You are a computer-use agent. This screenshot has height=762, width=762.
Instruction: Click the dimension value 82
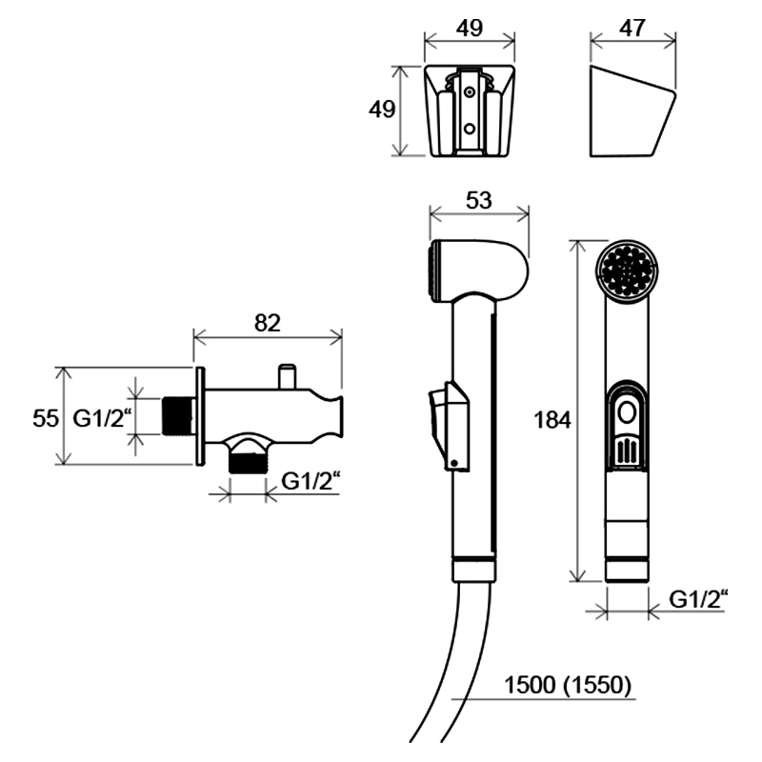point(268,323)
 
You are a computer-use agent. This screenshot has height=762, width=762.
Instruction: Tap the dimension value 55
point(46,418)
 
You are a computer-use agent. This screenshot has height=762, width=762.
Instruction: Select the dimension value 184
point(552,420)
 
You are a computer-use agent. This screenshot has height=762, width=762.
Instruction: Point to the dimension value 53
point(479,200)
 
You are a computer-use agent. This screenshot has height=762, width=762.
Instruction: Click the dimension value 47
point(632,29)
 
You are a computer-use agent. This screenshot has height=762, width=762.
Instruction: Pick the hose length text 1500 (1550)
point(568,685)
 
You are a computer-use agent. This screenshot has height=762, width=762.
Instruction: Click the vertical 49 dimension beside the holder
point(382,110)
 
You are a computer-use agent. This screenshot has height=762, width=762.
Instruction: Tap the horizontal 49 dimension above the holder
point(470,29)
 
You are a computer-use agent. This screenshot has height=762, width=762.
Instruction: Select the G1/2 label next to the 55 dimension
point(102,418)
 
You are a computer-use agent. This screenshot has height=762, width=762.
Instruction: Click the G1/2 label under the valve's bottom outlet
point(311,482)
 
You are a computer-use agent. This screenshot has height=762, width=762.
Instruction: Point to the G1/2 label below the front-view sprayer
point(698,599)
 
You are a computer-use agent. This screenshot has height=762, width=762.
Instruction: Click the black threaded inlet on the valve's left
point(177,416)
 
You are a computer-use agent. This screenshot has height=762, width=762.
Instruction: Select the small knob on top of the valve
point(287,376)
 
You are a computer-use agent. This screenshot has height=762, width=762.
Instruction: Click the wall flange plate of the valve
point(200,416)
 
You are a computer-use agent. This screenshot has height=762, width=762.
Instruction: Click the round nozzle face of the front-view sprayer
point(627,271)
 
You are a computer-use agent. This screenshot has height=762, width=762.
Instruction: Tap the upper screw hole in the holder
point(470,91)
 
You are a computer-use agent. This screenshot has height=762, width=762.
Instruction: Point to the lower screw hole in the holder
point(470,129)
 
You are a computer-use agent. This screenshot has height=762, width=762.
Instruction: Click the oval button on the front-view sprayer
point(627,413)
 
